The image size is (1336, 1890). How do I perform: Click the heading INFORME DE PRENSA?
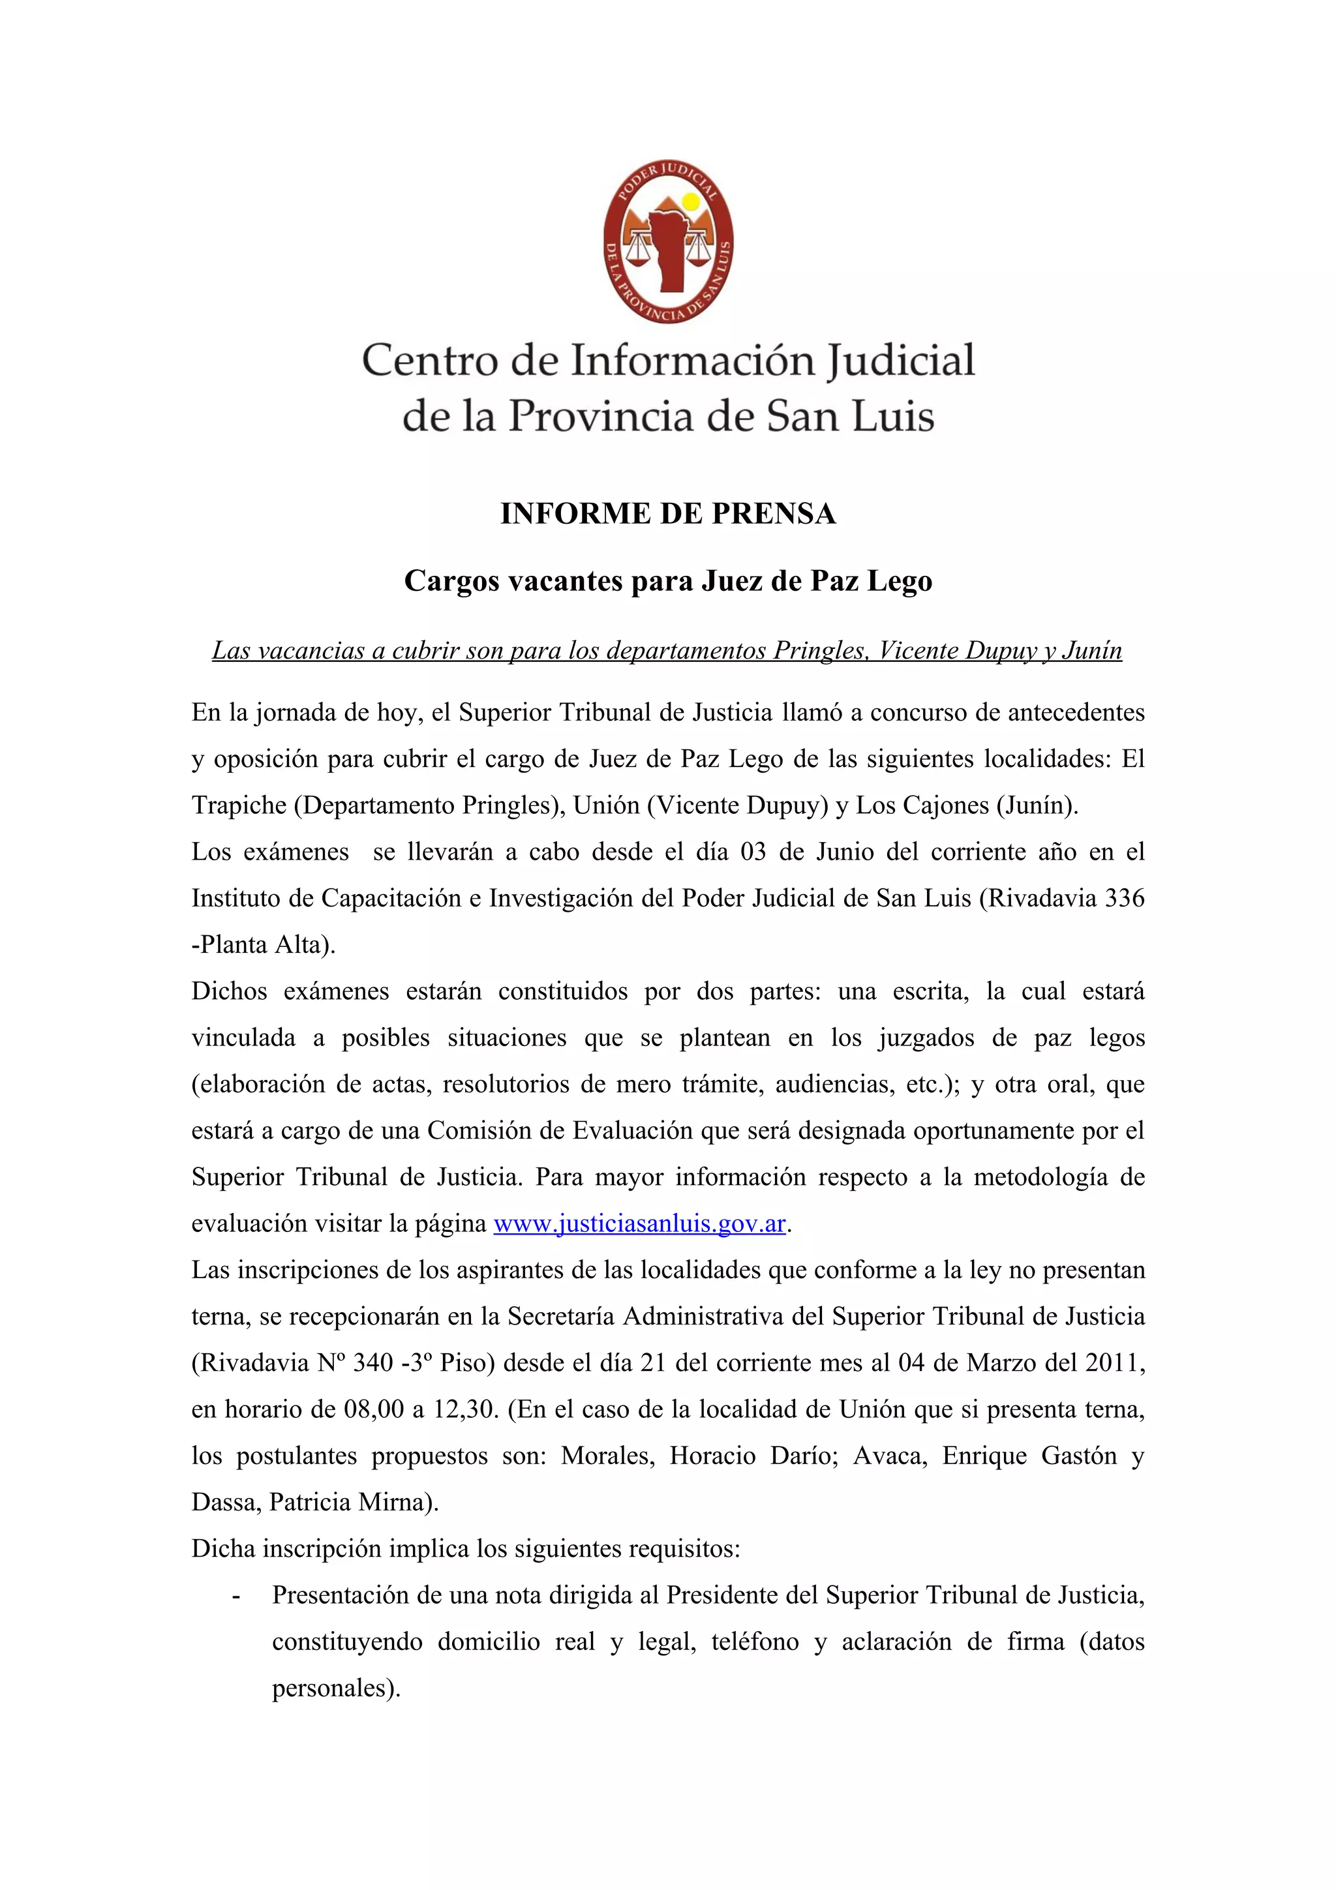tap(667, 514)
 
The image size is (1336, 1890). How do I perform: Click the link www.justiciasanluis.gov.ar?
tap(639, 1224)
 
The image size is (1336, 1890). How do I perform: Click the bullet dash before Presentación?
tap(237, 1595)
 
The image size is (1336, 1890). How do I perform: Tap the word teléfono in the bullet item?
tap(755, 1642)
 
